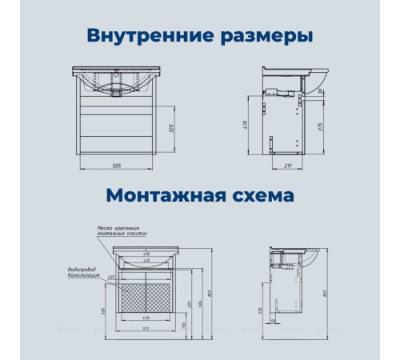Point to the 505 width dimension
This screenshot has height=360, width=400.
117,166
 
